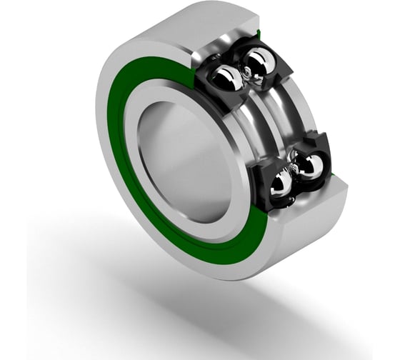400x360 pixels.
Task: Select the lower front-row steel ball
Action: click(281, 185)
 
